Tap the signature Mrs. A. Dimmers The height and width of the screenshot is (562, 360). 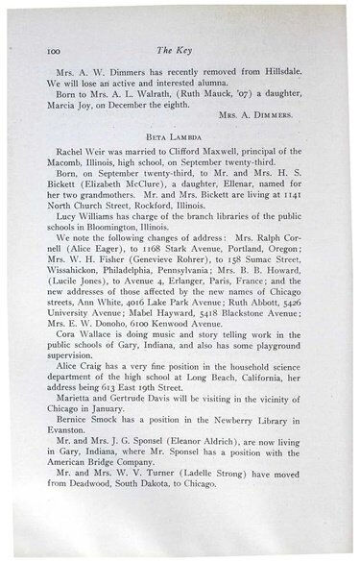click(x=284, y=119)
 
